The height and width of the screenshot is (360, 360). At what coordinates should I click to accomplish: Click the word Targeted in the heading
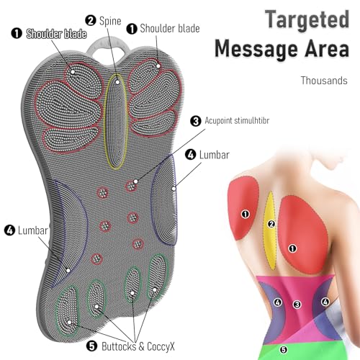tap(307, 20)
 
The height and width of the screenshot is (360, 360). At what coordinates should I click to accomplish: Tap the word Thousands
tap(324, 81)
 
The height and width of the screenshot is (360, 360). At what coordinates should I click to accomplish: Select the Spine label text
tap(110, 21)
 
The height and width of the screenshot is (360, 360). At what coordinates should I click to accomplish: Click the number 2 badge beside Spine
tap(91, 20)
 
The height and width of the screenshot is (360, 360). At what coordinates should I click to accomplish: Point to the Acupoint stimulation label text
tap(237, 120)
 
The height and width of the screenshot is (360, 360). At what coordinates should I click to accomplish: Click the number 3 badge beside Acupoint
tap(196, 121)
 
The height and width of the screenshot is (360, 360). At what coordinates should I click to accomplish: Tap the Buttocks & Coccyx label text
tap(138, 346)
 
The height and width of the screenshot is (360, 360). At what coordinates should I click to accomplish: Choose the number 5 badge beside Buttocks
tap(91, 346)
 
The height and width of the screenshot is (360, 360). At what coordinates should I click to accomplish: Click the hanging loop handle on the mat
tap(107, 45)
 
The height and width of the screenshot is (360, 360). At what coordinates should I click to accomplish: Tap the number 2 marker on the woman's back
tap(271, 224)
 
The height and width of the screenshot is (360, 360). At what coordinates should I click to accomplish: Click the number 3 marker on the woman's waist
tap(297, 305)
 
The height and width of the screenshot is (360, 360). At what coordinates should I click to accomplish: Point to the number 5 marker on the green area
tap(284, 349)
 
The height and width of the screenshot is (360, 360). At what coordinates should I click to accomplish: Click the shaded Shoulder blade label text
tap(56, 34)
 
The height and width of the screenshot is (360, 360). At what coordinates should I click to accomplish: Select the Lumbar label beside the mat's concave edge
tap(32, 230)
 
